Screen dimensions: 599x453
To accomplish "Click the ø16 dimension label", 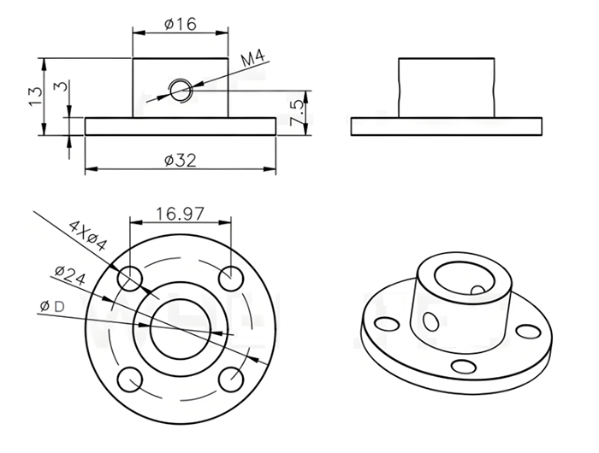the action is (x=181, y=24).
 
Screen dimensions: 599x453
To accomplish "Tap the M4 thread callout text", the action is (x=253, y=58).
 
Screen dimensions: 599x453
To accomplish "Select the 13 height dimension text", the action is (x=35, y=97).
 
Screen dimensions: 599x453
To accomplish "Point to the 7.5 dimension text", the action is (x=297, y=113).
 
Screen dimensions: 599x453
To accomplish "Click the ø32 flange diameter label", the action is (x=181, y=161).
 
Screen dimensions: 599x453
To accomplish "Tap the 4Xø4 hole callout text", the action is (x=87, y=236).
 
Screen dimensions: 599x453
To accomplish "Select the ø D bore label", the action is (x=52, y=306).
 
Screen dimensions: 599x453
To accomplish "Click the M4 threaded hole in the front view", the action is (x=181, y=91).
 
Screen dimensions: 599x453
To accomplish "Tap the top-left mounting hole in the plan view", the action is (x=130, y=279).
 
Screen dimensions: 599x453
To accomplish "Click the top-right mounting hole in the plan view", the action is (x=231, y=279).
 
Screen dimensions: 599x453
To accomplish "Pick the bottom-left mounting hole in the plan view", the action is (x=130, y=379).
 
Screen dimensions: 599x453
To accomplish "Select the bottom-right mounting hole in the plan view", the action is (x=231, y=379).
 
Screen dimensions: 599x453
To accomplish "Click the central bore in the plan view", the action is (x=181, y=328).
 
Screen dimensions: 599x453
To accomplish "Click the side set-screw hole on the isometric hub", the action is (x=431, y=321).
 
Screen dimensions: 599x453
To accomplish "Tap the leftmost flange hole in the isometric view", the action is (x=387, y=325).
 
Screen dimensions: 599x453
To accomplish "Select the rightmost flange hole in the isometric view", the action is (x=528, y=332).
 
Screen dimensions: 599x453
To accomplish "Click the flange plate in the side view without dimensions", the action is (x=446, y=126).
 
